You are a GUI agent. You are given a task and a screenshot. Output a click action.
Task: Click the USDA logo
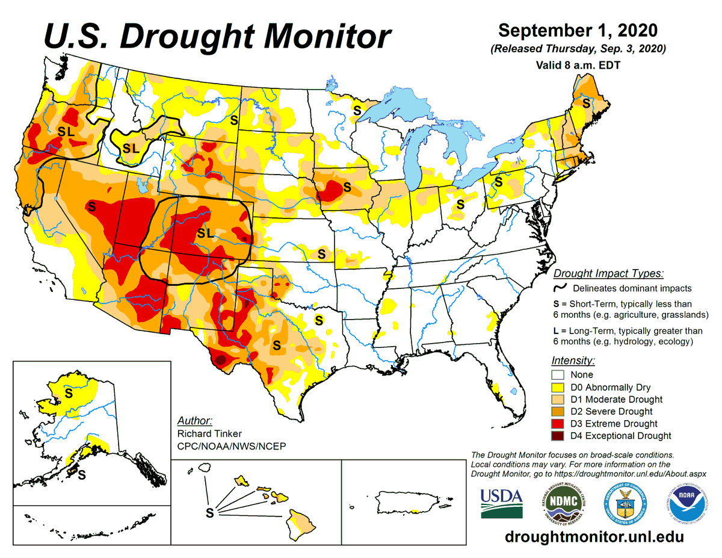[x=501, y=502]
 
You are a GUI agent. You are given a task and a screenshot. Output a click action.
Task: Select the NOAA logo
[x=686, y=503]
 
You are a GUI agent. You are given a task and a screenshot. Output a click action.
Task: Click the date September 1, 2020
[x=578, y=31]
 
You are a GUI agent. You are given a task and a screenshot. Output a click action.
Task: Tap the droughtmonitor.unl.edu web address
[x=594, y=536]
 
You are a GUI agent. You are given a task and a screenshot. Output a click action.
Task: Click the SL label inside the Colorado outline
[x=205, y=234]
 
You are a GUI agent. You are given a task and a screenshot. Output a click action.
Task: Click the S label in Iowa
[x=347, y=187]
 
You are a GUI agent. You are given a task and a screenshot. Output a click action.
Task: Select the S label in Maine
[x=586, y=103]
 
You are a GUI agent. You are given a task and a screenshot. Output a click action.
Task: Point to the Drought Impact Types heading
[x=608, y=273]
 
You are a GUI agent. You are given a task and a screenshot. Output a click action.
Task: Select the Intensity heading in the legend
[x=573, y=361]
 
